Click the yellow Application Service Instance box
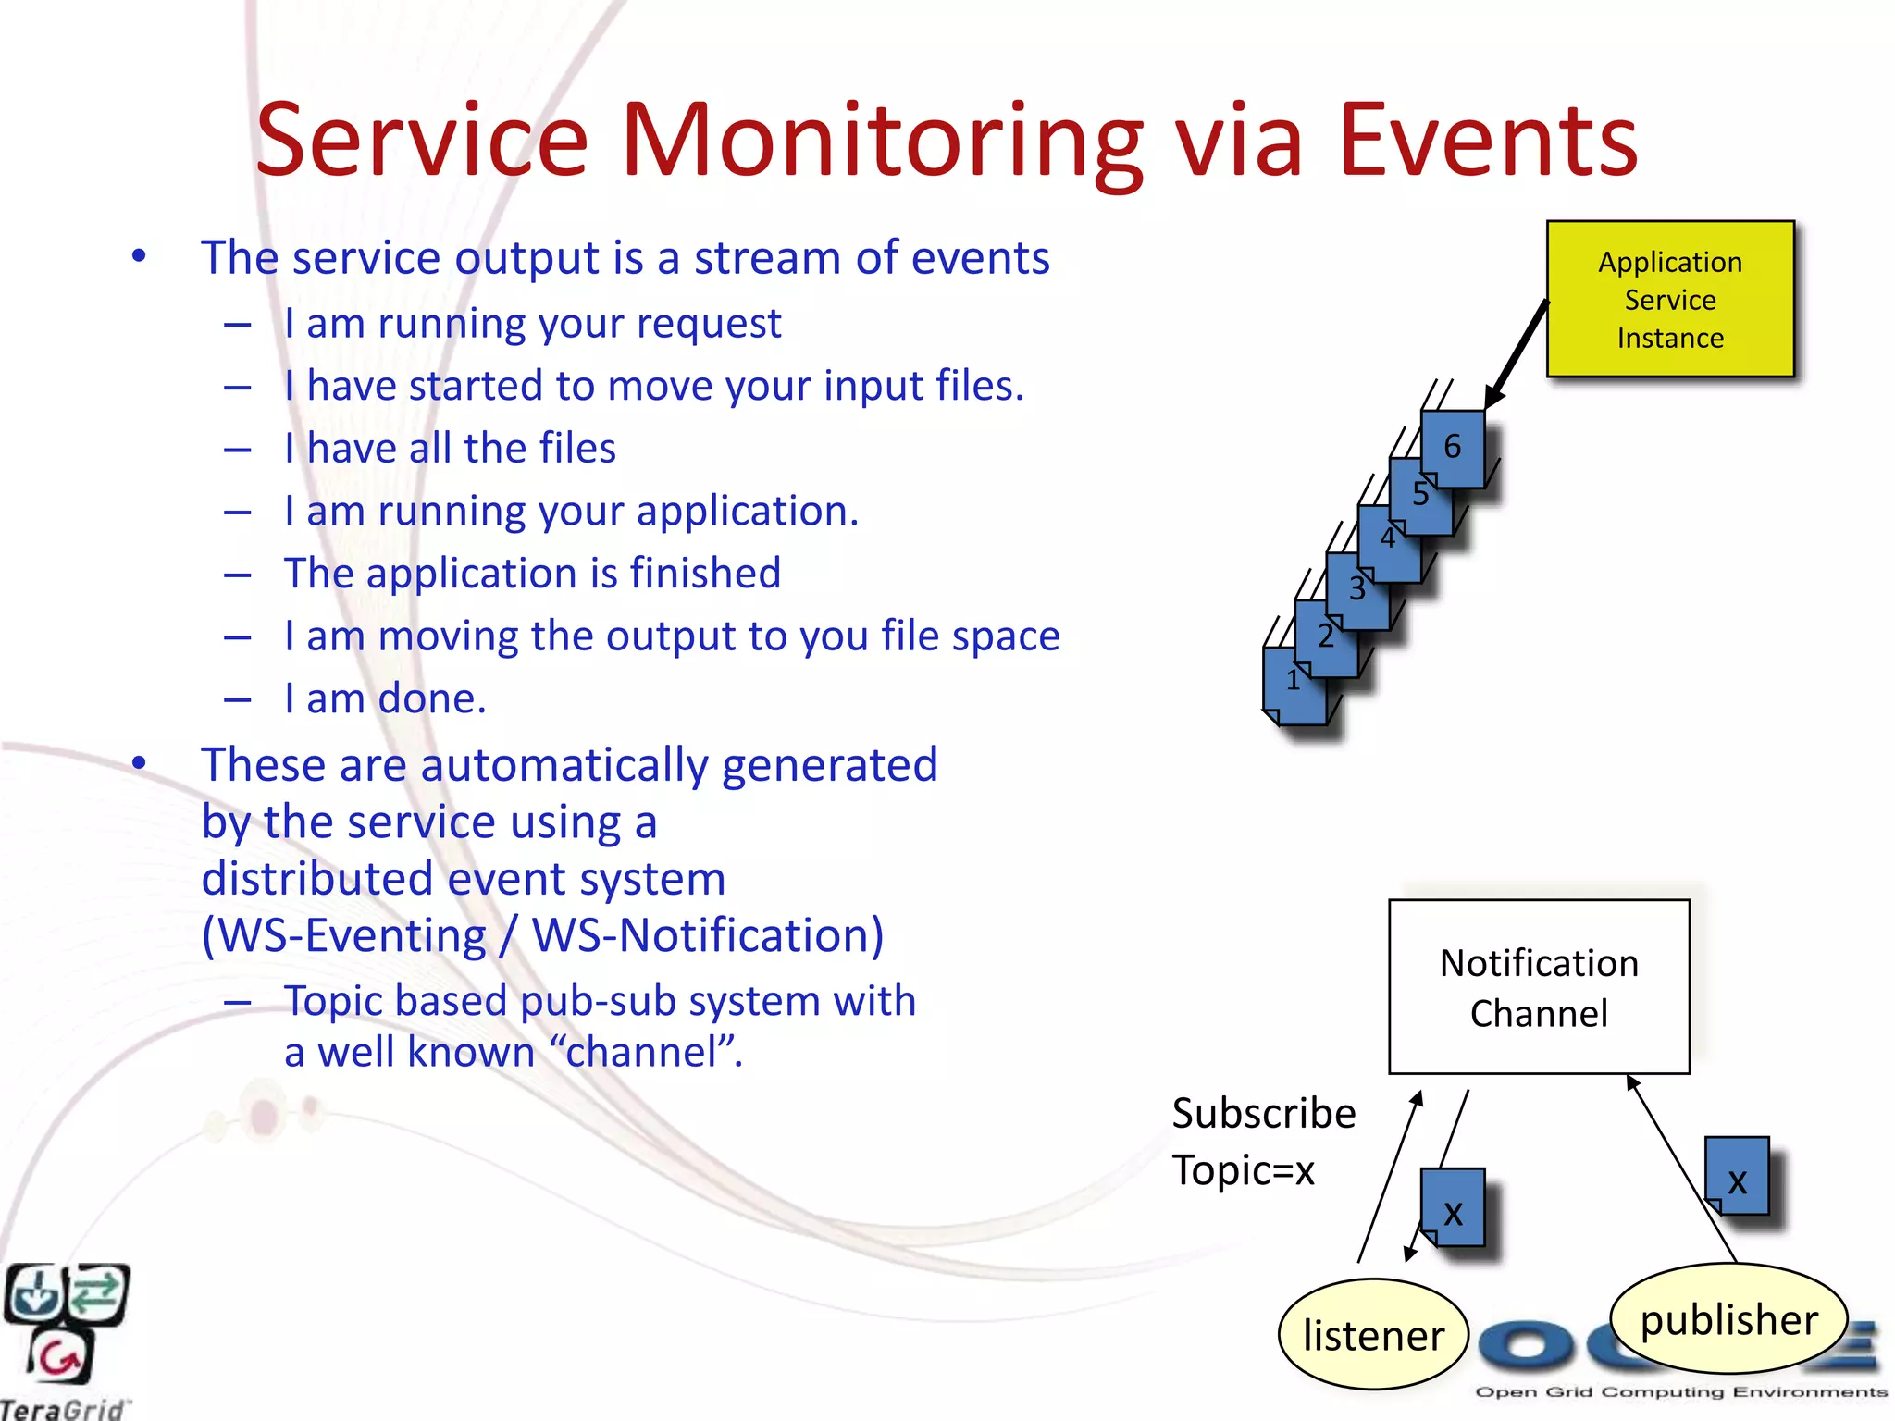(x=1670, y=299)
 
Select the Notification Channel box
(x=1539, y=987)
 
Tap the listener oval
(x=1373, y=1335)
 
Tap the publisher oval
(x=1728, y=1318)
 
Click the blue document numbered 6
(x=1453, y=448)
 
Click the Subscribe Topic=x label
(x=1262, y=1142)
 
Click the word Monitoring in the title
(x=882, y=141)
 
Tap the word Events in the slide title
(x=1488, y=141)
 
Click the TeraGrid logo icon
(x=65, y=1323)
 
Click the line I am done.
(x=385, y=698)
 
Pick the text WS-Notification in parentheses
(x=708, y=935)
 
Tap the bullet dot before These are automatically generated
(x=139, y=764)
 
